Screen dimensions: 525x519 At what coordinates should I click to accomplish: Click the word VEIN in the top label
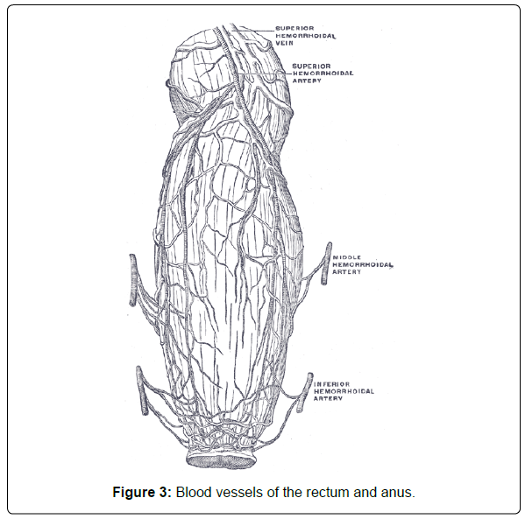coord(284,43)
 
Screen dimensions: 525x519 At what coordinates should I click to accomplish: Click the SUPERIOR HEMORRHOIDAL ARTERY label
coord(323,74)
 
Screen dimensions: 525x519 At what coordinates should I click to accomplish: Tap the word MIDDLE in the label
coord(342,257)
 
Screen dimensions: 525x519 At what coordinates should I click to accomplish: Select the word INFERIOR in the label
coord(331,384)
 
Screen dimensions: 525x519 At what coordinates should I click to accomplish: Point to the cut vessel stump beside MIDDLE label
coord(326,263)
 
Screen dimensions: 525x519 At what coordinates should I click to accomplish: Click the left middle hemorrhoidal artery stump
coord(133,280)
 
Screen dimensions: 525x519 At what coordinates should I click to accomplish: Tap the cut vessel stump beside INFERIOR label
coord(305,392)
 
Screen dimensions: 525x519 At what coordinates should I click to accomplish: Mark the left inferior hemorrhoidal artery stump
coord(142,390)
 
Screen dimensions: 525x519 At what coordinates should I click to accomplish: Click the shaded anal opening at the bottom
coord(222,461)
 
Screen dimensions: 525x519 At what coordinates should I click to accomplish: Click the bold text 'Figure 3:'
coord(142,492)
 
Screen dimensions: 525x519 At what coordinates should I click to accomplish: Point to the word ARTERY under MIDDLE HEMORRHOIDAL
coord(346,272)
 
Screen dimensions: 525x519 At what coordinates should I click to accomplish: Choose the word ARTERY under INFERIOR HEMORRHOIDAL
coord(328,398)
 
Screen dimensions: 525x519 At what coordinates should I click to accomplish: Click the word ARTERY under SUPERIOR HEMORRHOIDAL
coord(307,81)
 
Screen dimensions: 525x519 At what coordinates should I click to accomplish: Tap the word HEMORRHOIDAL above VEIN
coord(305,36)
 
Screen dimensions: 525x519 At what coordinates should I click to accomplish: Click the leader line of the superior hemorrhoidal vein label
coord(253,31)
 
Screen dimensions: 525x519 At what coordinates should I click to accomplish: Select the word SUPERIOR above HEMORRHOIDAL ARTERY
coord(311,66)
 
